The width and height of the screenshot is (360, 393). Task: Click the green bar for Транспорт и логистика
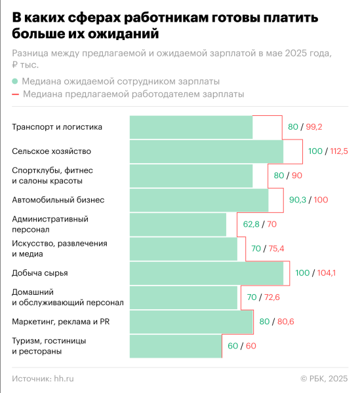pyautogui.click(x=191, y=127)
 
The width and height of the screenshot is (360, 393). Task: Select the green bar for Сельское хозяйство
pyautogui.click(x=206, y=151)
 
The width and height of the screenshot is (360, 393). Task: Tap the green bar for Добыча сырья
pyautogui.click(x=206, y=273)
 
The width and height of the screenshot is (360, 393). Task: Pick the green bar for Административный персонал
pyautogui.click(x=178, y=225)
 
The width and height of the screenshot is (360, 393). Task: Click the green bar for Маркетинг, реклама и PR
pyautogui.click(x=191, y=322)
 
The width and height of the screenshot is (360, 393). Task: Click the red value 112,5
pyautogui.click(x=338, y=151)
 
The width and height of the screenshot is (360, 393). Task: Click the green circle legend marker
pyautogui.click(x=15, y=82)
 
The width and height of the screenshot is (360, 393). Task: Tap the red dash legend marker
pyautogui.click(x=15, y=94)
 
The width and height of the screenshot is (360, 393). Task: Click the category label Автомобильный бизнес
pyautogui.click(x=58, y=200)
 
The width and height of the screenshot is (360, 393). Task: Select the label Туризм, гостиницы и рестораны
pyautogui.click(x=49, y=346)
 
